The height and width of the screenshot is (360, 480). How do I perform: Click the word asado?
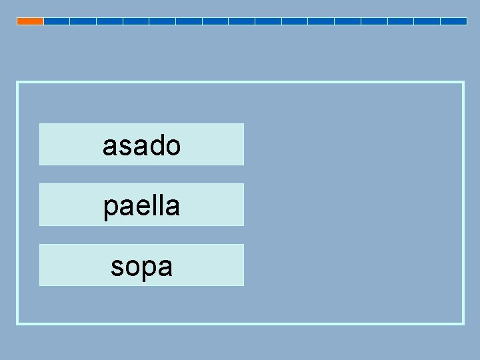(x=141, y=145)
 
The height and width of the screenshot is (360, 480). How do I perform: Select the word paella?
(x=141, y=205)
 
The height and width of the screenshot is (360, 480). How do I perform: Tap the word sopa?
(x=141, y=266)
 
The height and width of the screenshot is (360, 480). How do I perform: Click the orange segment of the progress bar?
(x=30, y=21)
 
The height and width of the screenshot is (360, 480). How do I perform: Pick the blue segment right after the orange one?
(x=57, y=21)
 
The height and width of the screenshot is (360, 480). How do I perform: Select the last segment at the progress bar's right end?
(x=453, y=21)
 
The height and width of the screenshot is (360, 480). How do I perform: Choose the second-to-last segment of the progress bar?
(x=427, y=21)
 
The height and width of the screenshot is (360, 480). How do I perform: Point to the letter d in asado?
(x=156, y=145)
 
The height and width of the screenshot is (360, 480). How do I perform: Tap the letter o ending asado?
(x=173, y=147)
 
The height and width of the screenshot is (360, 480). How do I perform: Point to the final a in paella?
(x=172, y=207)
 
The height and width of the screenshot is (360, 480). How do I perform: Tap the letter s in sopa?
(x=117, y=267)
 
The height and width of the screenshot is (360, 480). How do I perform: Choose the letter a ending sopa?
(x=165, y=267)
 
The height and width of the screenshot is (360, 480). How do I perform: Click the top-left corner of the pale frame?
(x=17, y=83)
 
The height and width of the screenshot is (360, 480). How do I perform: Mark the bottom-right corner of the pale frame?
(x=463, y=323)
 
